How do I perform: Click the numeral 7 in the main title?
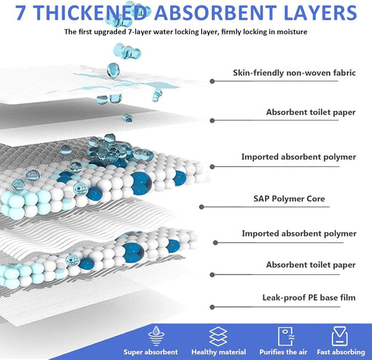20,13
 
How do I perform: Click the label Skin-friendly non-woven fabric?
295,73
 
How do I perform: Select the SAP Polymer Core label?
289,199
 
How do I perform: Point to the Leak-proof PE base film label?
309,298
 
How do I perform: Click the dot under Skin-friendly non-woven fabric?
212,81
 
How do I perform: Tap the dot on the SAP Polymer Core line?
201,207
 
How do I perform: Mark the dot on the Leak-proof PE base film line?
212,308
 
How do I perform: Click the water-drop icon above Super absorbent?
156,336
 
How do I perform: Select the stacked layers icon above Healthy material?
218,336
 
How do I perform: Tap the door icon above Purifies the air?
286,336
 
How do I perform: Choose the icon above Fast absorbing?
339,336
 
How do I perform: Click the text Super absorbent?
150,352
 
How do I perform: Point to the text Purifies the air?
283,352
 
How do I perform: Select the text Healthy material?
219,352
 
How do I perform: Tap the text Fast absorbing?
341,352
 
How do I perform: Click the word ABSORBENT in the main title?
215,13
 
